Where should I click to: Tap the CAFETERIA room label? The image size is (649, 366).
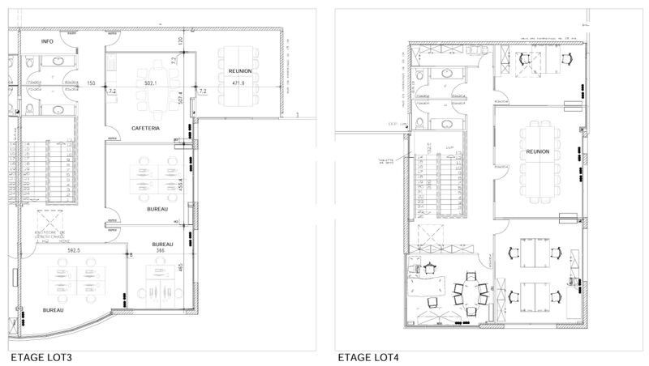coord(145,128)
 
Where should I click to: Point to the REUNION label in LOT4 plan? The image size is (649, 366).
coord(538,151)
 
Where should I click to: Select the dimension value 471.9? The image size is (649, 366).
coord(238,83)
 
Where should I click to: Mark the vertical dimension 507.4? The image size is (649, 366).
coord(179,98)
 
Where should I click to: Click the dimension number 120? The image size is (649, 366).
coord(180,40)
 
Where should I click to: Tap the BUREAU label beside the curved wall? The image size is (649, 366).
coord(54,309)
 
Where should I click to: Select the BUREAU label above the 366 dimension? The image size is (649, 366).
coord(162,244)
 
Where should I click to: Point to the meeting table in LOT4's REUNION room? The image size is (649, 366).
coord(537,162)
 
